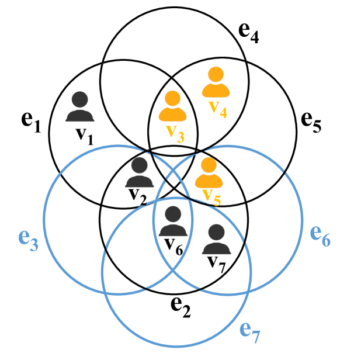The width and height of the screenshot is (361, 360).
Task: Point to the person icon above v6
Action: (x=172, y=221)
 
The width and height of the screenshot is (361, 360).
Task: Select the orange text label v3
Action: (x=175, y=132)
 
